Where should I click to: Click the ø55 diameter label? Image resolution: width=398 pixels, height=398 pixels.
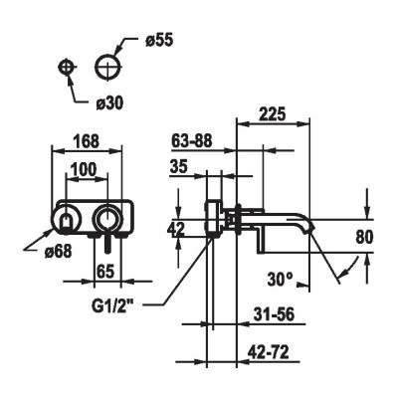tap(159, 41)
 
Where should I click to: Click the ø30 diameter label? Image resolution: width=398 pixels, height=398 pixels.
tap(109, 103)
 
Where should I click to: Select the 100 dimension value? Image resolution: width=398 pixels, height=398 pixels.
tap(85, 169)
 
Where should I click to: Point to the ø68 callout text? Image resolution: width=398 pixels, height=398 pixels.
tap(58, 253)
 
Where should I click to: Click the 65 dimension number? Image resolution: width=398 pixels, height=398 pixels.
tap(105, 272)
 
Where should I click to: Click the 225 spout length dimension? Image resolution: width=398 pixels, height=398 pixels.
tap(272, 114)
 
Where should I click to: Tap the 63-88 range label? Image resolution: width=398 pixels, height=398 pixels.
tap(192, 141)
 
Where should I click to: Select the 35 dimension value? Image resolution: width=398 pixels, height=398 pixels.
tap(178, 166)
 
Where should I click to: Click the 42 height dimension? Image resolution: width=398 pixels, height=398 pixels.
tap(175, 230)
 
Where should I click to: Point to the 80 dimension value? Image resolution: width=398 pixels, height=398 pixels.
tap(364, 237)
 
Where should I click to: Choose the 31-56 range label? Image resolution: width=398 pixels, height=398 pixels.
tap(274, 314)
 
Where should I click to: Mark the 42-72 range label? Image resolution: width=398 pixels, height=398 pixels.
tap(268, 352)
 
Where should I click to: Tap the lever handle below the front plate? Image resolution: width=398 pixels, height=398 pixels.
tap(107, 243)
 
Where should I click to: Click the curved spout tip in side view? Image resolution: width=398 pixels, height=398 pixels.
tap(310, 228)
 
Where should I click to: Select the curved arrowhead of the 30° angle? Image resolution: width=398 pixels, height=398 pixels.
tap(344, 272)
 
